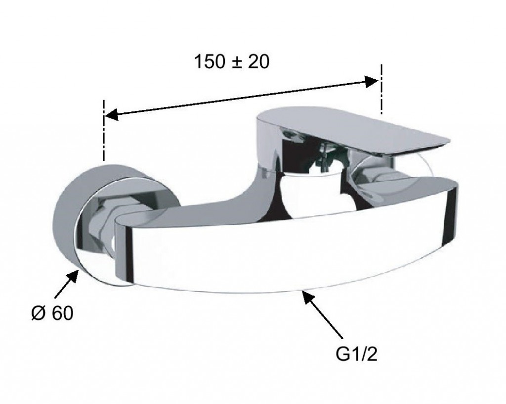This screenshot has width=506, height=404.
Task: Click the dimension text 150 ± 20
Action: click(x=231, y=62)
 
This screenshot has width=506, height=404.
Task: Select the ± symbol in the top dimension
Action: click(x=237, y=63)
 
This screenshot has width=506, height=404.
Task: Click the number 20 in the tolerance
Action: click(x=258, y=62)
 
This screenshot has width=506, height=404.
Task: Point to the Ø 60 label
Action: click(x=52, y=313)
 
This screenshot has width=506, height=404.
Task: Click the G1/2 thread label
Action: click(x=356, y=354)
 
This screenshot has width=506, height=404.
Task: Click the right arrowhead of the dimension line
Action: click(x=371, y=81)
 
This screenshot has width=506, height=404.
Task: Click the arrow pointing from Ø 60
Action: click(x=67, y=284)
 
